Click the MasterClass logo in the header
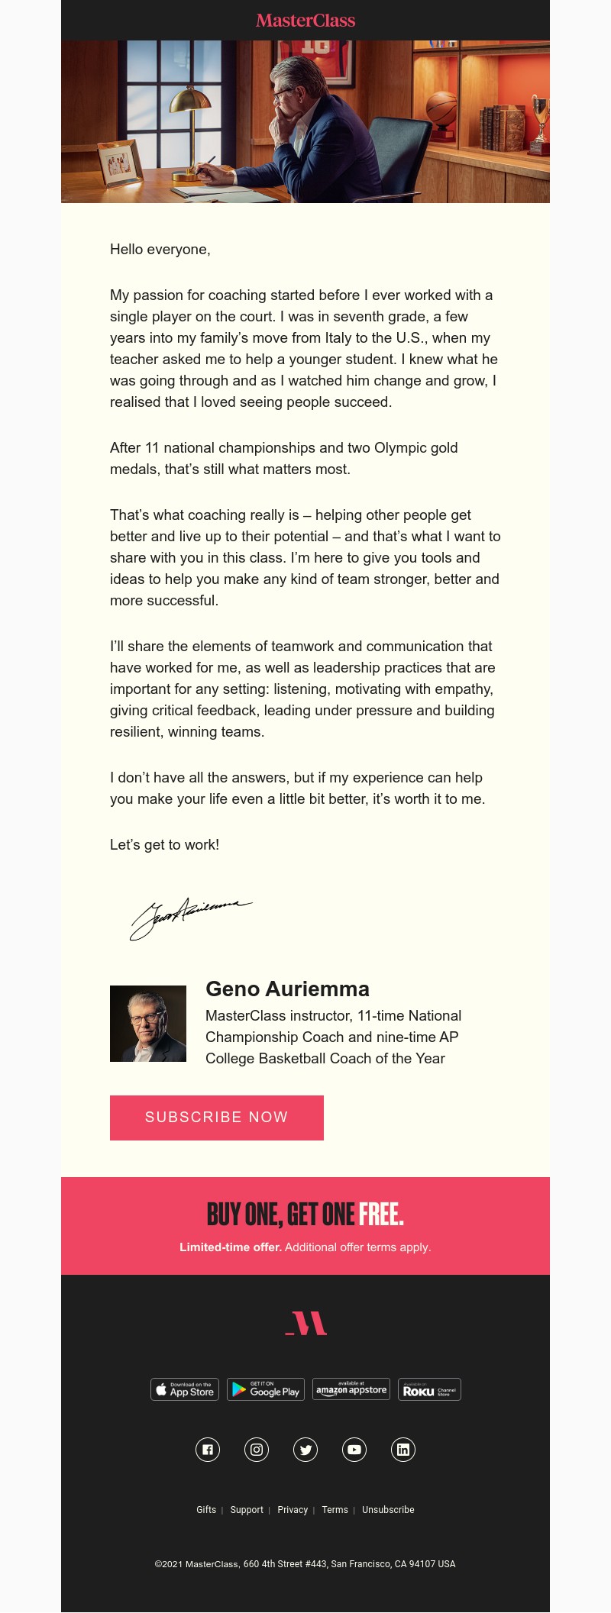pos(305,21)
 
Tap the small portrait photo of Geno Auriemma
pos(148,1024)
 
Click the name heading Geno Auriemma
pos(287,989)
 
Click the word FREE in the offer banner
pos(380,1215)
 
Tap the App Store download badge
pos(185,1389)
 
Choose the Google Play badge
pos(267,1389)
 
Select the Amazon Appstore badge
pos(351,1389)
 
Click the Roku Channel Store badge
pos(429,1389)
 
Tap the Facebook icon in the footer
pos(208,1450)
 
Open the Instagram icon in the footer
pos(257,1450)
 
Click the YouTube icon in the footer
pos(354,1450)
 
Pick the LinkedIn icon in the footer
pos(403,1450)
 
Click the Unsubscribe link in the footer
pos(388,1510)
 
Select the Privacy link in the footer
pos(293,1510)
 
